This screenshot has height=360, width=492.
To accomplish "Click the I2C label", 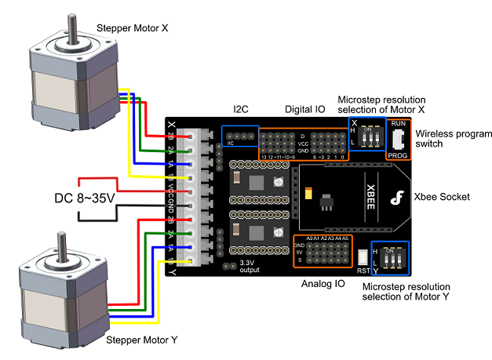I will tap(241, 109).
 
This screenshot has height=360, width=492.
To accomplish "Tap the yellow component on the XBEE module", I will tap(308, 194).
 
